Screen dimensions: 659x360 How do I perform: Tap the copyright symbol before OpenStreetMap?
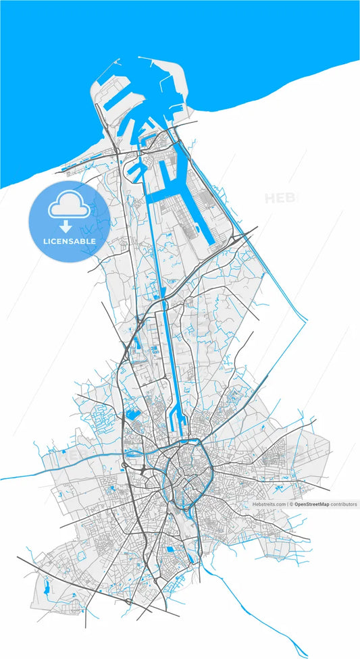pos(290,504)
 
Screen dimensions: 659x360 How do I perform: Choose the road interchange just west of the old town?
pos(144,470)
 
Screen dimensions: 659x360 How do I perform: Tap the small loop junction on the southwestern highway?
pos(128,600)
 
